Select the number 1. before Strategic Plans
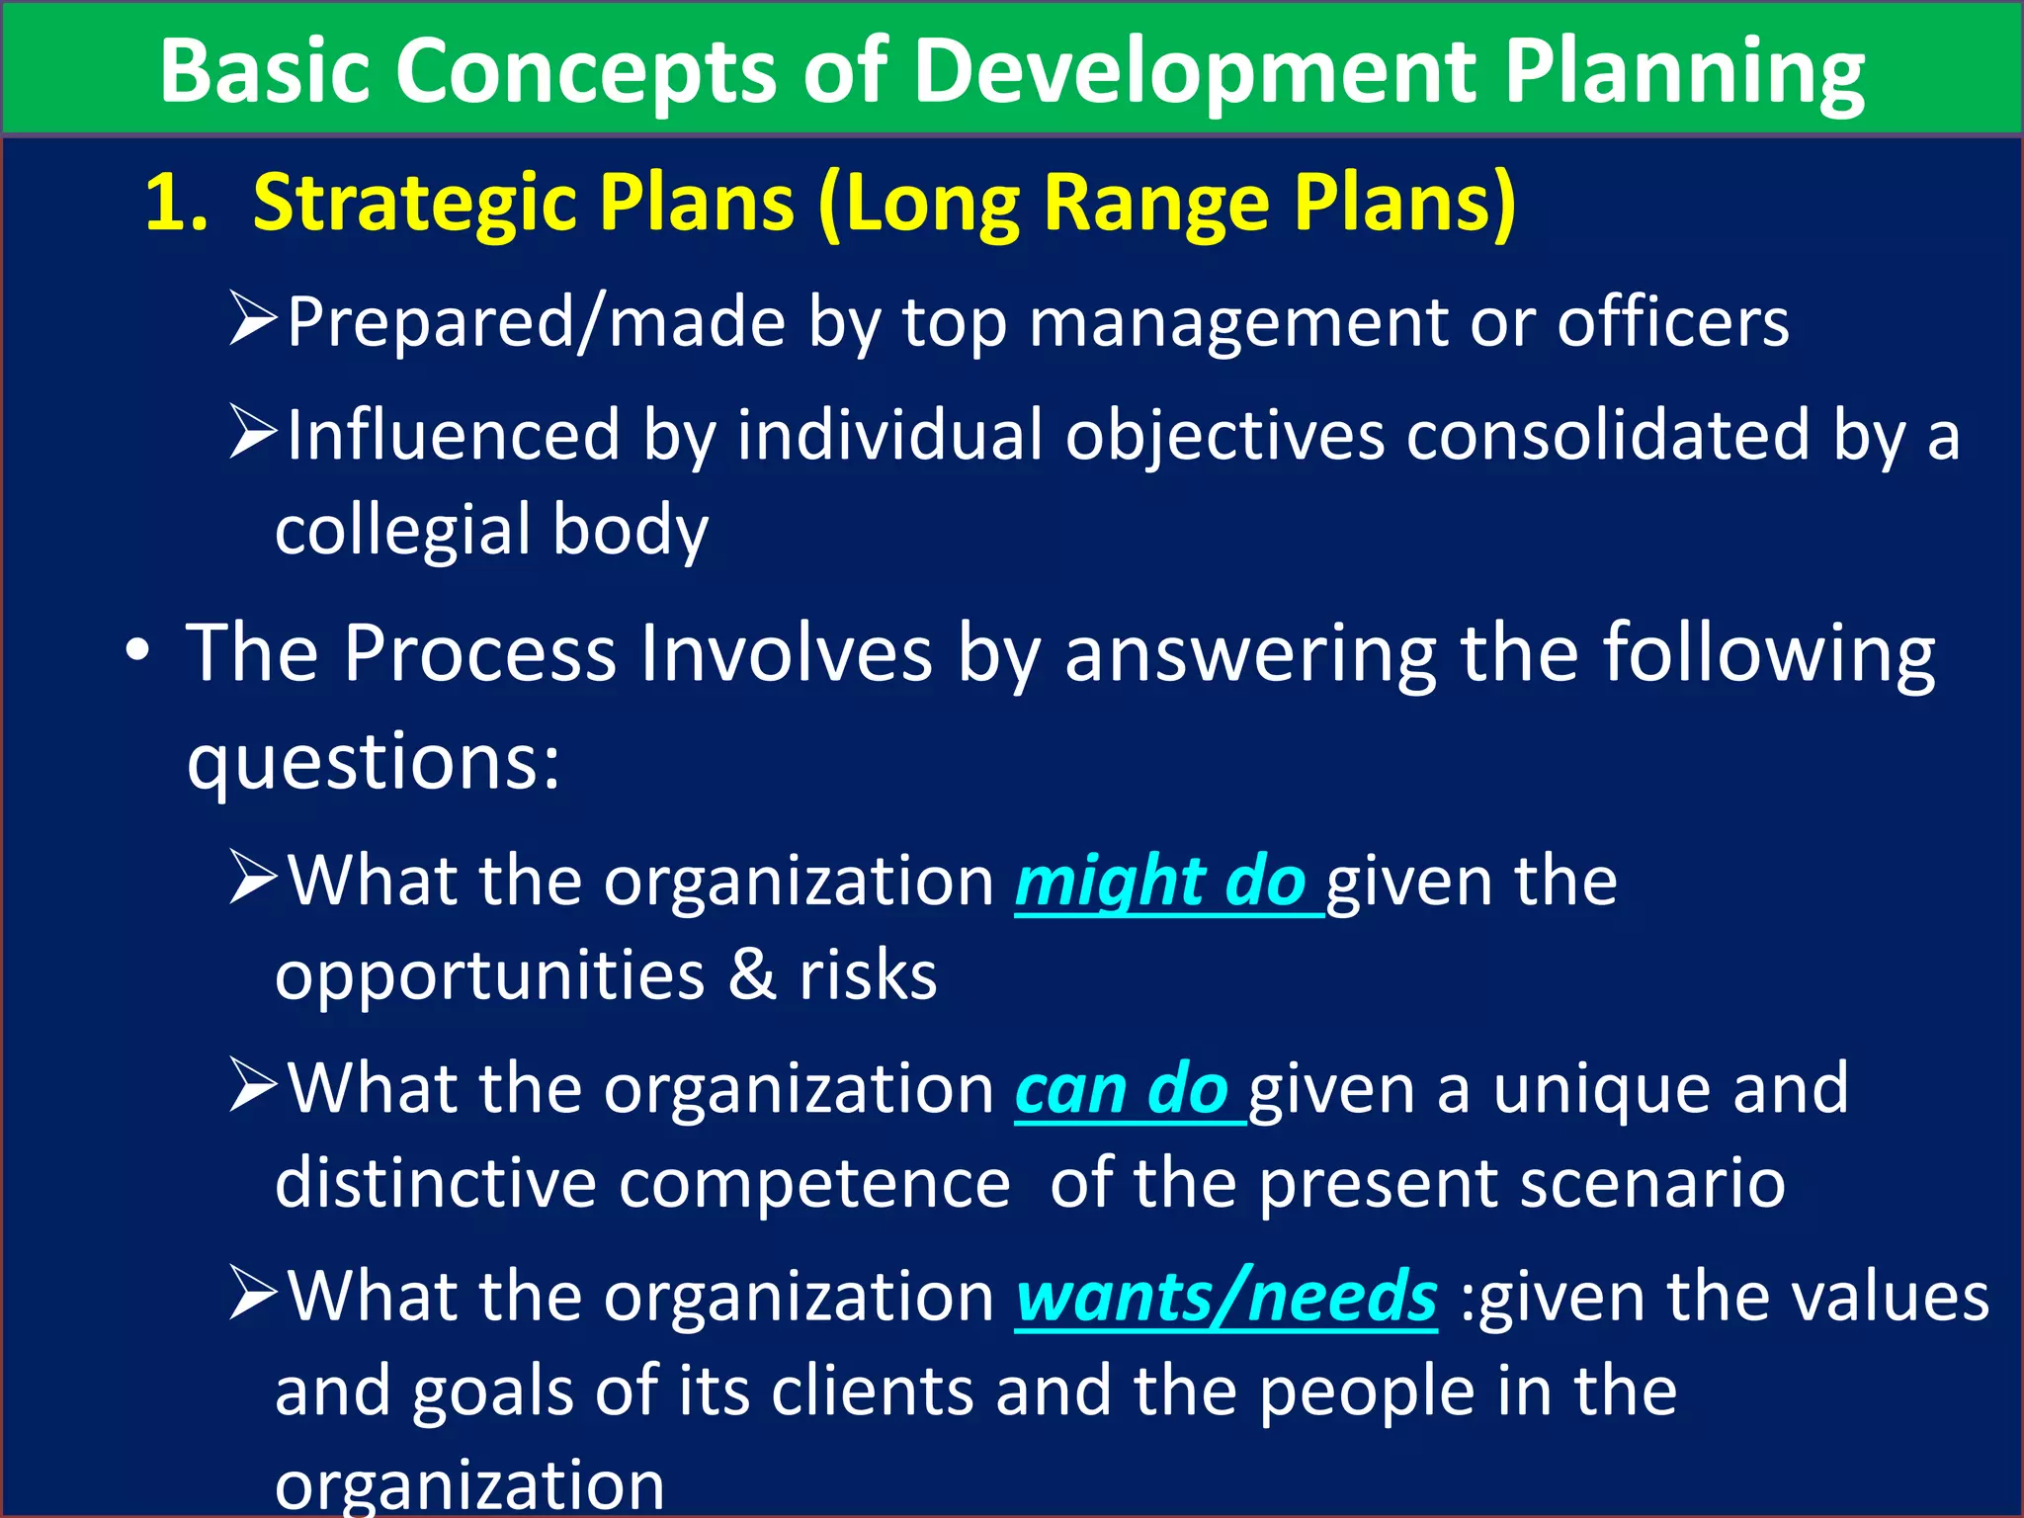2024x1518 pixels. (176, 203)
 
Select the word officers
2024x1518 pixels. (1672, 322)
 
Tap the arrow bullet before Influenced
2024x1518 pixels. (253, 432)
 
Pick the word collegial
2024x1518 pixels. (403, 530)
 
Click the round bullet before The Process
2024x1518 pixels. (137, 651)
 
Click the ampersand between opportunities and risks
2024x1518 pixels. (751, 974)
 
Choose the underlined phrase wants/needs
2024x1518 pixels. (1225, 1297)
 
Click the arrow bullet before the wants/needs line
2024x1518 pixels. (253, 1293)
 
